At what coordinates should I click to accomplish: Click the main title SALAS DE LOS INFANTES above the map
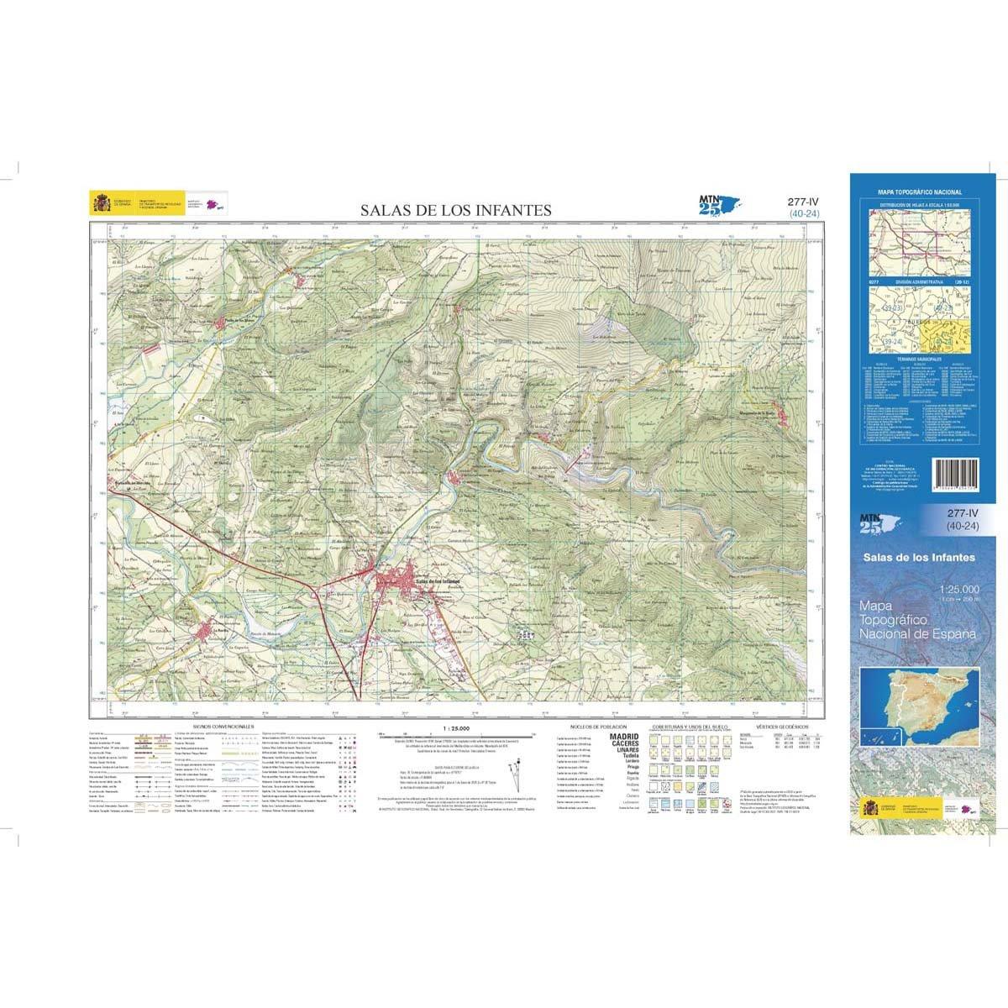pos(456,210)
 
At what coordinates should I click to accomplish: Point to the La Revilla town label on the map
pos(221,629)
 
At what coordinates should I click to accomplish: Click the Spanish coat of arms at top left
pos(101,202)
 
